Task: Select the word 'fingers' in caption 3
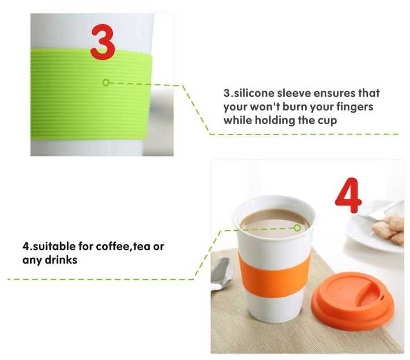tap(353, 107)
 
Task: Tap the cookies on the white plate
tap(388, 228)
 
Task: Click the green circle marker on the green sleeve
tap(106, 82)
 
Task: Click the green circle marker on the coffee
tap(297, 228)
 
